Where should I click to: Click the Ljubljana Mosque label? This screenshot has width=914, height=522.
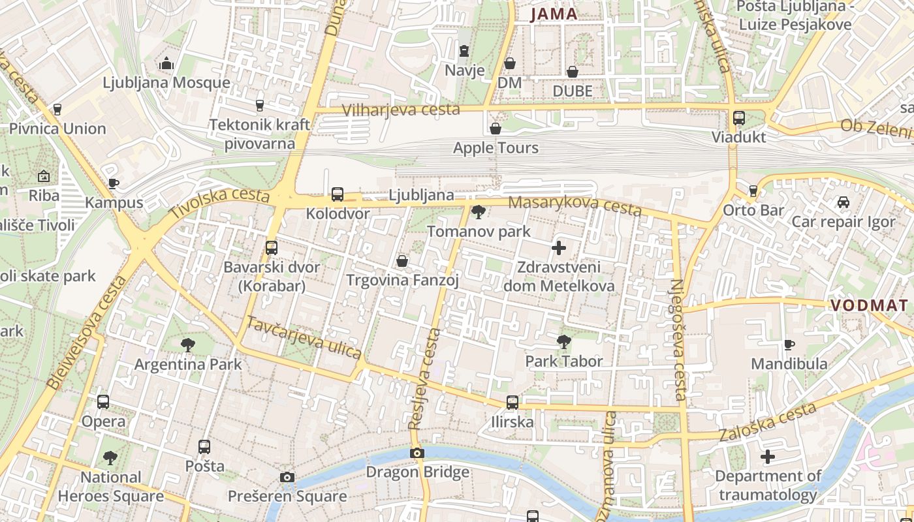166,83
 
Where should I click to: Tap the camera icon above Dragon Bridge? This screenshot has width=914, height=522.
417,453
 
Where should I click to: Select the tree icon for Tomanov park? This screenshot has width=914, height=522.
479,211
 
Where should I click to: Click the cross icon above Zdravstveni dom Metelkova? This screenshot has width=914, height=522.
559,248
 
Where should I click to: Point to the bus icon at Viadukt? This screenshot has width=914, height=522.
739,118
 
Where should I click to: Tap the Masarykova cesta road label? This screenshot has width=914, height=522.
575,206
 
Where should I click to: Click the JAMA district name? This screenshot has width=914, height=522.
554,14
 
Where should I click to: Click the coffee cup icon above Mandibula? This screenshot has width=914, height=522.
789,345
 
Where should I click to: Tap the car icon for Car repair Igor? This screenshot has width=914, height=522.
843,202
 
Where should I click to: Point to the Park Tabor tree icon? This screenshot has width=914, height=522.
564,341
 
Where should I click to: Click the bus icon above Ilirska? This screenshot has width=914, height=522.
512,403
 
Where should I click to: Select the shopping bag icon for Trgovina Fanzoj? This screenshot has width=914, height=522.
403,261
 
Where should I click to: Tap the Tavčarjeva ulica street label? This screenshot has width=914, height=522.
304,337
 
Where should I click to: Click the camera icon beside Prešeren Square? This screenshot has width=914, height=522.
287,477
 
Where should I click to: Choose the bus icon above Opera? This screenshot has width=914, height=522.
103,402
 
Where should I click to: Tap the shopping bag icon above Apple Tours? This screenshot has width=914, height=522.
496,129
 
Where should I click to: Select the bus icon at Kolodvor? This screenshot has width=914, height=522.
338,194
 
